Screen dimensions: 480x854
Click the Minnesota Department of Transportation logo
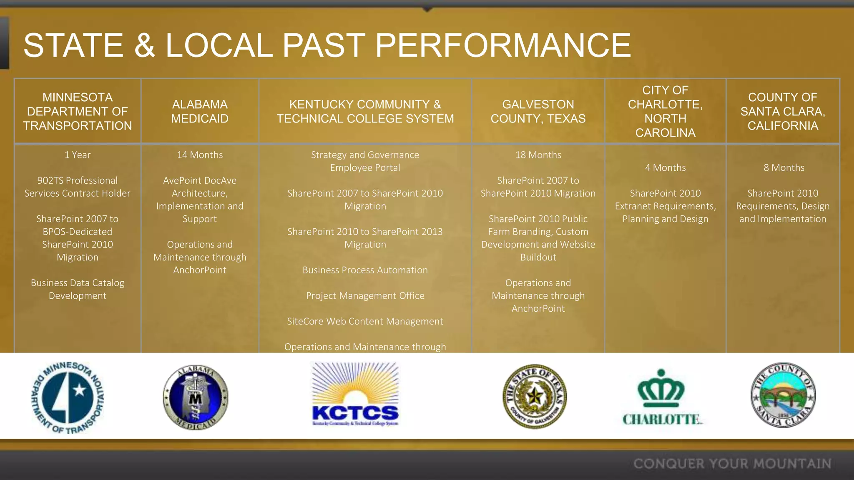coord(68,397)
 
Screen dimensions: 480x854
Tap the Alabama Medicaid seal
coord(196,397)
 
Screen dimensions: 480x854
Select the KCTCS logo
coord(355,394)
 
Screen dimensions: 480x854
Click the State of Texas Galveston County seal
coord(535,396)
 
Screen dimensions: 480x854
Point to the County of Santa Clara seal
coord(783,395)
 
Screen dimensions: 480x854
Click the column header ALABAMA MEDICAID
coord(200,111)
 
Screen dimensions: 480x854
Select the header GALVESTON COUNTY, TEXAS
coord(538,111)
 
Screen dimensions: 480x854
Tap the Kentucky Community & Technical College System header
coord(365,111)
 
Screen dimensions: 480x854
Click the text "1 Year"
coord(78,155)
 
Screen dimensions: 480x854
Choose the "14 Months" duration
coord(200,155)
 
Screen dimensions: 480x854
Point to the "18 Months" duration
coord(538,155)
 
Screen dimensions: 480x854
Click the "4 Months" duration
coord(665,167)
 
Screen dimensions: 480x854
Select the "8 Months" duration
coord(784,167)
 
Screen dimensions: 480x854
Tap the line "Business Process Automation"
coord(365,270)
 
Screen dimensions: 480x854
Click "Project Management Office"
coord(365,295)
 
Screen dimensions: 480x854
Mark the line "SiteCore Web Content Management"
coord(365,321)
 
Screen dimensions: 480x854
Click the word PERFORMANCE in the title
coord(502,45)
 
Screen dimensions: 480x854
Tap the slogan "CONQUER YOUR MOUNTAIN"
coord(732,463)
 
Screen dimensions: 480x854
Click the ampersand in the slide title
coord(144,45)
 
